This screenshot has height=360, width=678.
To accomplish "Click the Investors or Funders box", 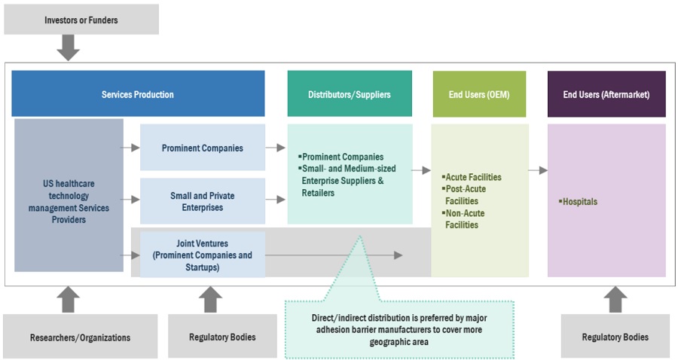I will coord(81,19).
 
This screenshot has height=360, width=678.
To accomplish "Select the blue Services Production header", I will coord(138,94).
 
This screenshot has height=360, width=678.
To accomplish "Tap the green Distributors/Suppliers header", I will coord(349,94).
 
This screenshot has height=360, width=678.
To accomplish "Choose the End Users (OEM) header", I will coord(479,94).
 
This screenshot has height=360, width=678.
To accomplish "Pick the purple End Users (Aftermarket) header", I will coord(606,94).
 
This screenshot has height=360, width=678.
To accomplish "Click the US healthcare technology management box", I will coord(69,201).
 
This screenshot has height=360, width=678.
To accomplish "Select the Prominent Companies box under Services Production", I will coord(202,148).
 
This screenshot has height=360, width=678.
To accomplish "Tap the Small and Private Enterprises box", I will coord(202,201).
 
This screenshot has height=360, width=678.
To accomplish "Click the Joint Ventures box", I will coord(202,255).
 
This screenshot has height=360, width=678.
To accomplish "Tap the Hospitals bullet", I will coord(579,202).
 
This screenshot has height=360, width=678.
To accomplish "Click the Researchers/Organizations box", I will coord(81,337).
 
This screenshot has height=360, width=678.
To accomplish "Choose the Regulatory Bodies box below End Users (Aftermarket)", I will coord(615,337).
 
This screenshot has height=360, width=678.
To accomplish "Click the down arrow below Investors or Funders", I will coord(69,47).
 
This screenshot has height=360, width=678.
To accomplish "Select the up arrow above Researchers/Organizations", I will coord(69,298).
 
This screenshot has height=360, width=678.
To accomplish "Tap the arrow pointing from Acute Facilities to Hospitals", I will coord(537,171).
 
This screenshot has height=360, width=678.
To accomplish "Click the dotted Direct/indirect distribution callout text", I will coord(399,330).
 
